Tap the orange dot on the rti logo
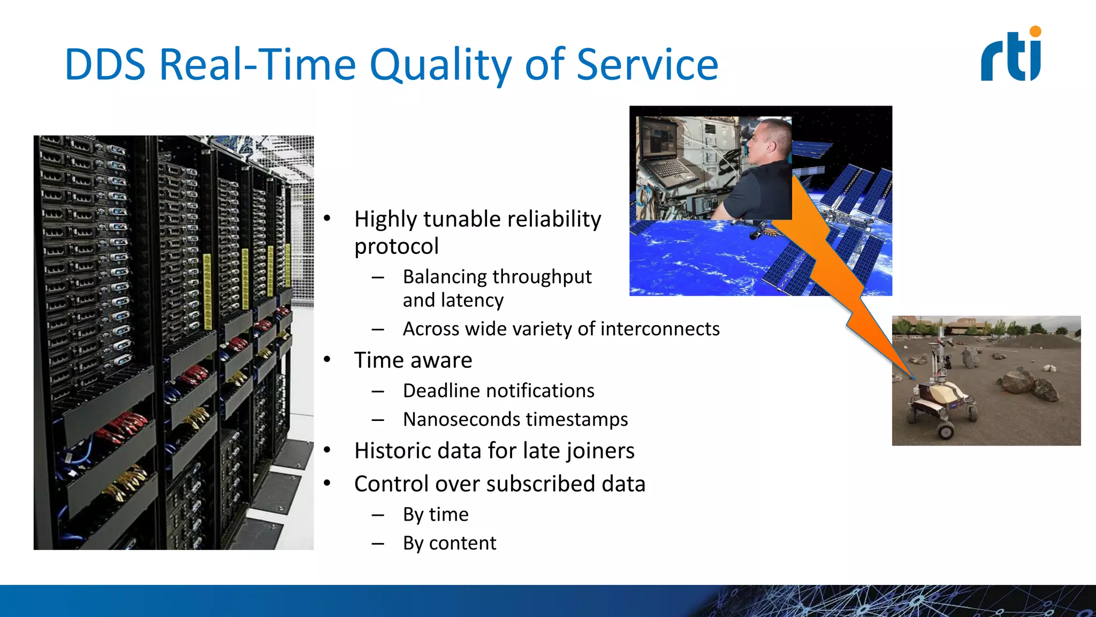click(1035, 32)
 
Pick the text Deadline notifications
click(498, 391)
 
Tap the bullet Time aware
click(413, 360)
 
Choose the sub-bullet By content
click(449, 543)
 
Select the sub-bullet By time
click(436, 515)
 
